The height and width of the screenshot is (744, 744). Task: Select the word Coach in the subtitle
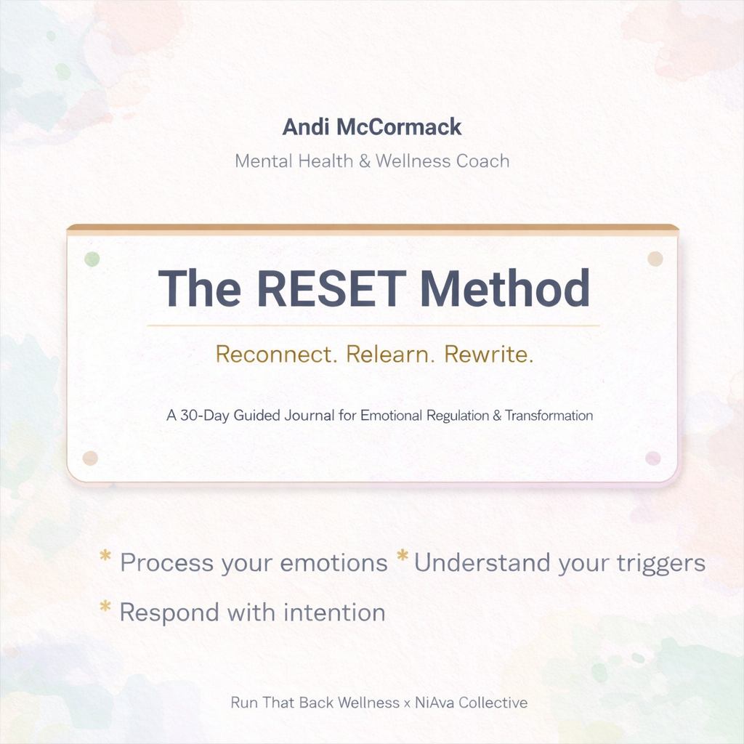(482, 161)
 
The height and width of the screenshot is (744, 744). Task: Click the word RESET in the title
(330, 288)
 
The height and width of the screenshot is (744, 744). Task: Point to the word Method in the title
(505, 288)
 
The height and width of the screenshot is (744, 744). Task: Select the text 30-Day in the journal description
(199, 416)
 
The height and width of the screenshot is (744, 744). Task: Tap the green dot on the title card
(92, 258)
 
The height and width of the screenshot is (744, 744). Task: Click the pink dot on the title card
(653, 458)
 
